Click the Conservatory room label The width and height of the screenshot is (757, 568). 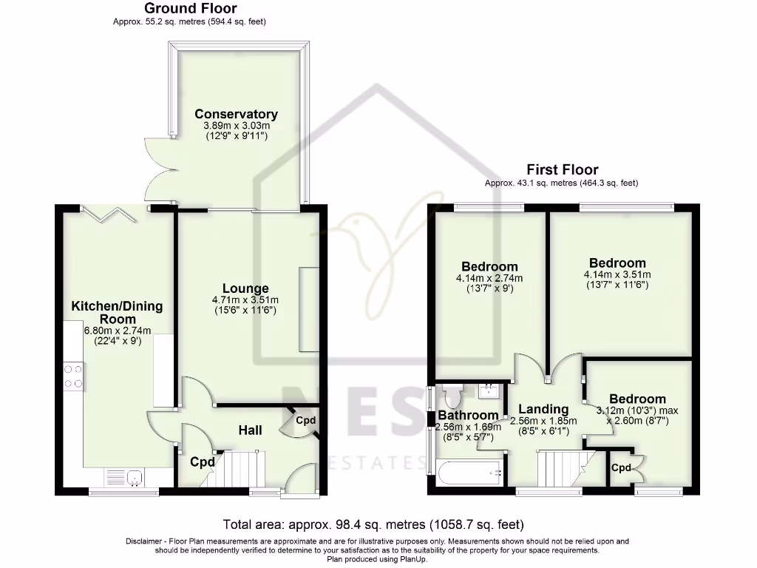coord(236,114)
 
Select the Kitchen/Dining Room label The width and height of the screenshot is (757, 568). coord(117,312)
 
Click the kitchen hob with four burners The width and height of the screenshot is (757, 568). coord(73,376)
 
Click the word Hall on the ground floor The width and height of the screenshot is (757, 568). coord(250,430)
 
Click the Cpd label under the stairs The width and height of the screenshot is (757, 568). coord(201,462)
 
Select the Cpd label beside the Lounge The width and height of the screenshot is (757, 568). coord(305,420)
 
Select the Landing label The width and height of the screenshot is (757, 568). coord(543,409)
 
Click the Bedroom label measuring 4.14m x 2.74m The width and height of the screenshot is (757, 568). coord(489,266)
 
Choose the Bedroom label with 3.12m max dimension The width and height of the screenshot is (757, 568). coord(637,399)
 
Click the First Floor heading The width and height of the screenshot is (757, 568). coord(562,169)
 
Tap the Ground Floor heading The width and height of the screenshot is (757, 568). coord(190,9)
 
